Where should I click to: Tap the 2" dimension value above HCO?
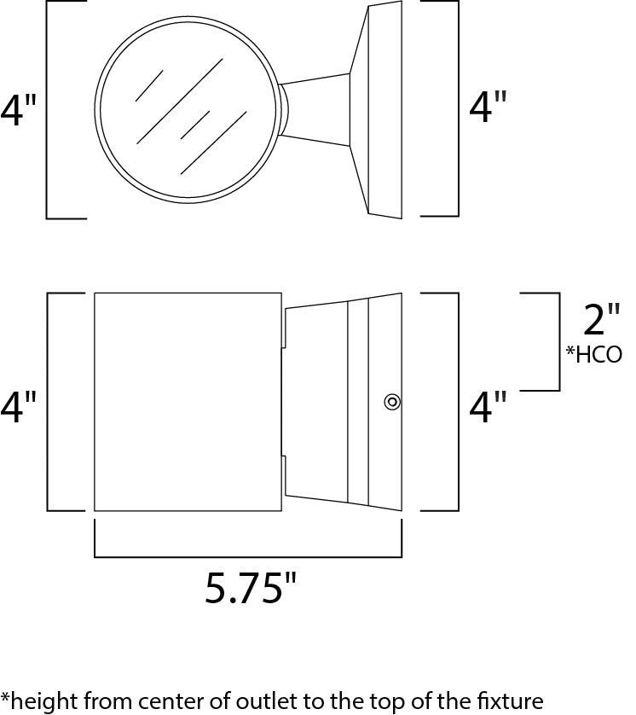(x=602, y=321)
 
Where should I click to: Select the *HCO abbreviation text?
(x=593, y=354)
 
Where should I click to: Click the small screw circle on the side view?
(x=391, y=401)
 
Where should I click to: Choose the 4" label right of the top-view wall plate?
(x=488, y=108)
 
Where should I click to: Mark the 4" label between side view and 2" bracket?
(x=488, y=408)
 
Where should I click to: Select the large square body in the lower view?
(x=188, y=401)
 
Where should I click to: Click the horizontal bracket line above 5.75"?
(x=247, y=556)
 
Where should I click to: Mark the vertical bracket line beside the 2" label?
(x=559, y=341)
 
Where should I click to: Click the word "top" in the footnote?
(x=402, y=700)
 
